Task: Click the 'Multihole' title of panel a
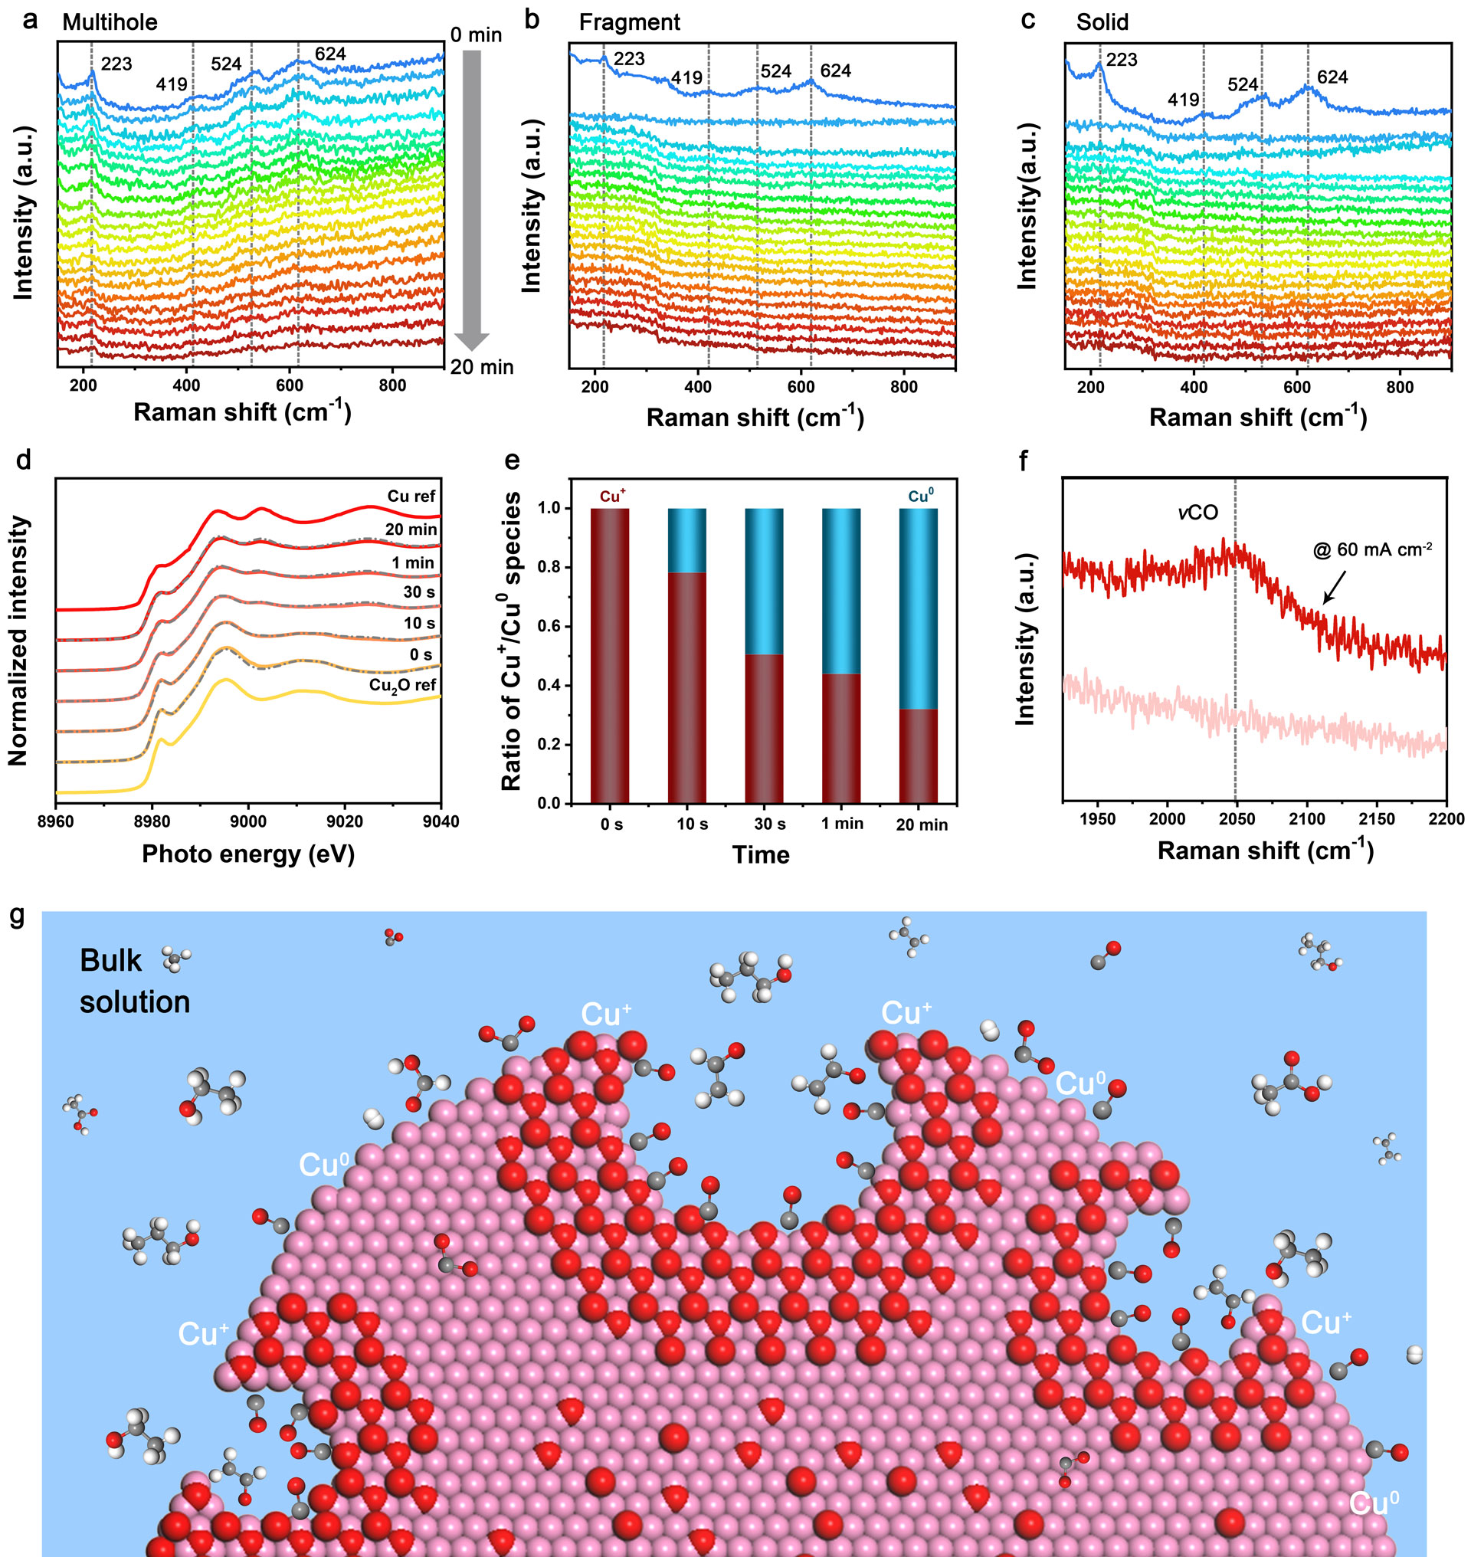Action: [110, 22]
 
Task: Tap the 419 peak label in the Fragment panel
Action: [686, 78]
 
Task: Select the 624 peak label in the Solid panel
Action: [1332, 77]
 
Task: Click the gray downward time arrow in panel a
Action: [471, 196]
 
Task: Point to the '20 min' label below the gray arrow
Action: [481, 367]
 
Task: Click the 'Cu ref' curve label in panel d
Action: [411, 497]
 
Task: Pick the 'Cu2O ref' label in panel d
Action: [402, 685]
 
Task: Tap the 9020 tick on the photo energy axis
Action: [344, 821]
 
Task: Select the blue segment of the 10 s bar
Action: [687, 540]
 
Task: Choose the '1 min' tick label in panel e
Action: [842, 824]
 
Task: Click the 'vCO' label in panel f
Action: [1198, 513]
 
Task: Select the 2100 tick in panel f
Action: [1306, 819]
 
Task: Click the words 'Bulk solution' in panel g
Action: [134, 981]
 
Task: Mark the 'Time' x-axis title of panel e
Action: [761, 854]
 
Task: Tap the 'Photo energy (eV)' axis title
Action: [247, 854]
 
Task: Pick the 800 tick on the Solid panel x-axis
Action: [1400, 387]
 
